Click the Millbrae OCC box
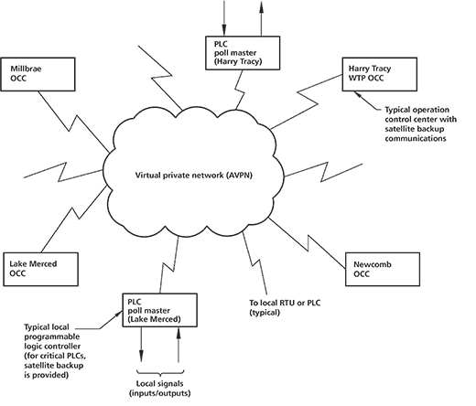[38, 74]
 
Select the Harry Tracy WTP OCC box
[380, 74]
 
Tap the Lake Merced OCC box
[40, 269]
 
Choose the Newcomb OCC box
[383, 269]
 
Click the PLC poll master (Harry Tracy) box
[243, 53]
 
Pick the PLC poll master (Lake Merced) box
[160, 310]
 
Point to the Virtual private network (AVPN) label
[194, 176]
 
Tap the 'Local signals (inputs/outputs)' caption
[160, 389]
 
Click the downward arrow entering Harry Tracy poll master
[224, 18]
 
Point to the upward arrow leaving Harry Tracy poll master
[261, 18]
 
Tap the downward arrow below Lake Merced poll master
[141, 345]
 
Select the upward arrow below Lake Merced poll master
[178, 345]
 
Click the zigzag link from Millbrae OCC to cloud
[73, 122]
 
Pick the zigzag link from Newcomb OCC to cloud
[308, 244]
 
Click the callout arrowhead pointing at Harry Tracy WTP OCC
[357, 94]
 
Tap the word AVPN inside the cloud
[240, 176]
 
